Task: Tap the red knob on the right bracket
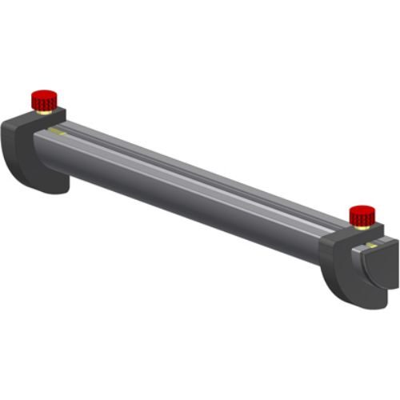point(362,214)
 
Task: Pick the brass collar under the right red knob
point(362,226)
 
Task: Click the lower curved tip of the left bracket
point(56,188)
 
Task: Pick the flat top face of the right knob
point(362,209)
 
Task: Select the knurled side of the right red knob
point(362,218)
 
